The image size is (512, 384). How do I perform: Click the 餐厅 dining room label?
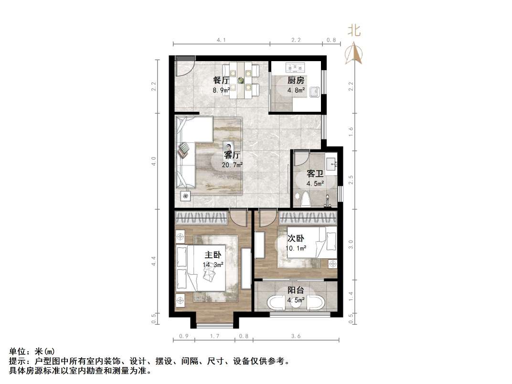tap(221, 80)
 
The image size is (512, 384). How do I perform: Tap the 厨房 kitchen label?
tap(296, 80)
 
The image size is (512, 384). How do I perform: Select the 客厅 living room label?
tap(232, 155)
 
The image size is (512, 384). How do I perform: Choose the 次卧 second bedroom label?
tap(296, 238)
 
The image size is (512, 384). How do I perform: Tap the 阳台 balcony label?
tap(296, 290)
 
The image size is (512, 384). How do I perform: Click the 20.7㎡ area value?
tap(232, 165)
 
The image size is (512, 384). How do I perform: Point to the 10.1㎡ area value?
tap(296, 248)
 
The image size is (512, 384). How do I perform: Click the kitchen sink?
tap(314, 91)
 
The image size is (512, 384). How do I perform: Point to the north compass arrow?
tap(354, 53)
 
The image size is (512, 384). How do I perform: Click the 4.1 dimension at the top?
tap(221, 41)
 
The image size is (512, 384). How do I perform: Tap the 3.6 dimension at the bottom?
tap(296, 337)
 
